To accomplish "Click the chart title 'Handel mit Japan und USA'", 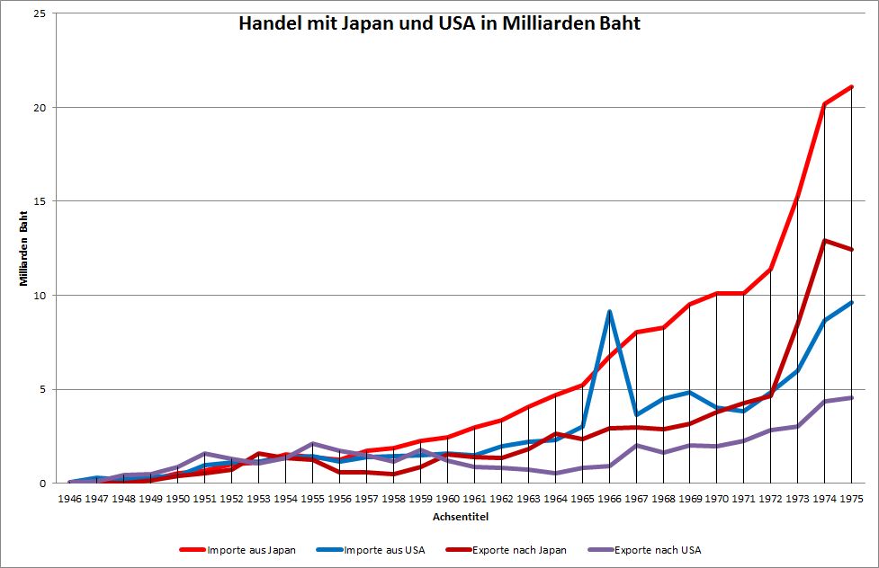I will (x=439, y=24).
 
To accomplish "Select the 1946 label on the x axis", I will (x=69, y=497).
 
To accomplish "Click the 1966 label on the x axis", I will (x=610, y=497).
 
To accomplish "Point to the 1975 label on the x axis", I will (x=852, y=497).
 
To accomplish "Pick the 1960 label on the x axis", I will (x=447, y=497).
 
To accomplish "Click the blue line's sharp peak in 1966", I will (x=610, y=311).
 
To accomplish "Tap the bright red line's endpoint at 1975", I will (x=852, y=87).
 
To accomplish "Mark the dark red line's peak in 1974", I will (x=825, y=240).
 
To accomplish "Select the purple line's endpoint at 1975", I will (x=852, y=397).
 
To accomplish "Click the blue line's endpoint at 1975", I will (x=852, y=303).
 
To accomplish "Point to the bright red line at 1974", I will (x=825, y=104).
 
